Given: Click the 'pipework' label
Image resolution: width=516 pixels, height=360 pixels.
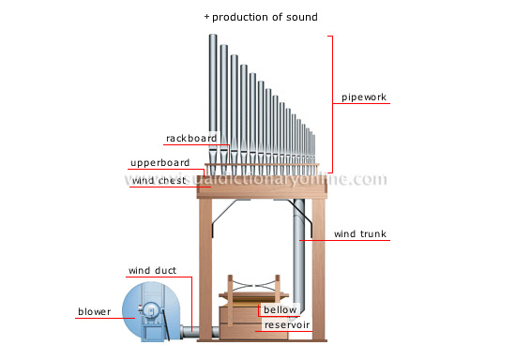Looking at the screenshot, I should click(x=365, y=97).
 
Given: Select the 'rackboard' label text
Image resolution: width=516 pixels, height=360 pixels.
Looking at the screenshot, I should click(x=191, y=138).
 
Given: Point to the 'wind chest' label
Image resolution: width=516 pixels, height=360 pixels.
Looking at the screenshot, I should click(x=156, y=180).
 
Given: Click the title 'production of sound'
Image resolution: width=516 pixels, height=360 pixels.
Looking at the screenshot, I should click(x=265, y=17).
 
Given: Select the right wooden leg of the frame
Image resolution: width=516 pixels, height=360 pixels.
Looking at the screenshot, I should click(x=319, y=272).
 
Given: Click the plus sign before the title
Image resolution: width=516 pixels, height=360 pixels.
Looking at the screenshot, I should click(x=206, y=17).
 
